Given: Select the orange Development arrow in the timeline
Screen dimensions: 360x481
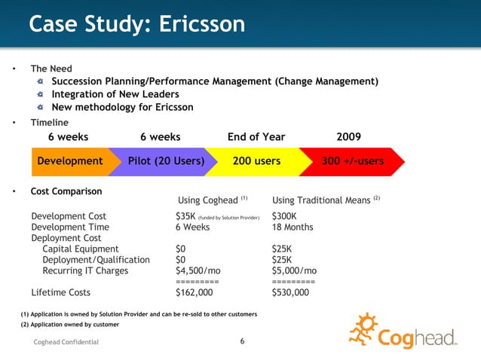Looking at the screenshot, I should pyautogui.click(x=70, y=161).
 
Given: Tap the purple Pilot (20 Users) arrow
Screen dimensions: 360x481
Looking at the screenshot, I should pyautogui.click(x=166, y=161).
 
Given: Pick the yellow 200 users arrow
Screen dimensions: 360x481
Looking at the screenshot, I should pyautogui.click(x=256, y=161).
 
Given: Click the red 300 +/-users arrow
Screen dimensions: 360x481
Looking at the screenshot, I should pyautogui.click(x=352, y=161).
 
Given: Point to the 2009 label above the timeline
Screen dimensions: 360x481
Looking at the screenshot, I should pyautogui.click(x=348, y=136).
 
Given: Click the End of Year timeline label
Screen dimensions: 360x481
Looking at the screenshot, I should pyautogui.click(x=256, y=136).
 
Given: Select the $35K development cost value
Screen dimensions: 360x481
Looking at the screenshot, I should pyautogui.click(x=185, y=216).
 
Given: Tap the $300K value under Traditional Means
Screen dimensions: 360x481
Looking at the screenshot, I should pyautogui.click(x=284, y=216).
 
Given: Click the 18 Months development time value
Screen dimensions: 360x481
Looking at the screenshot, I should pyautogui.click(x=293, y=227).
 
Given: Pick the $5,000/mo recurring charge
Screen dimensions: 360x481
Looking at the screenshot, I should pyautogui.click(x=294, y=271).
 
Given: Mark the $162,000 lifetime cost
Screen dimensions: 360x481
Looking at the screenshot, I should pyautogui.click(x=195, y=292).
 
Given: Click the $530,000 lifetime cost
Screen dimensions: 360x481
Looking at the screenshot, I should pyautogui.click(x=290, y=292).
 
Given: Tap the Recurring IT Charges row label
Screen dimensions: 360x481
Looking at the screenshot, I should pyautogui.click(x=85, y=271).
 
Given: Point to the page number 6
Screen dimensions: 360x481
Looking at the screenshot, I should pyautogui.click(x=242, y=342).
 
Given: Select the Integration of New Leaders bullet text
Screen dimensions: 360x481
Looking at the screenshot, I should pyautogui.click(x=115, y=94).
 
